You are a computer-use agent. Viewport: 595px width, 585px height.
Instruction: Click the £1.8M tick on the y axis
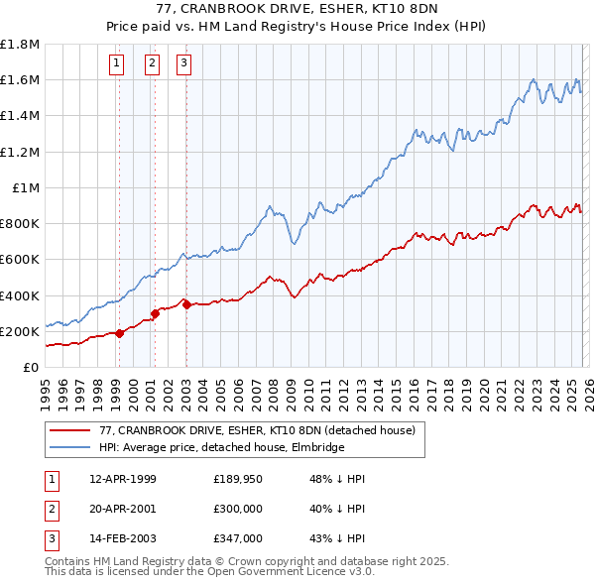click(20, 45)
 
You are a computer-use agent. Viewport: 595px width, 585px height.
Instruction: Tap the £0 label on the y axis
click(31, 367)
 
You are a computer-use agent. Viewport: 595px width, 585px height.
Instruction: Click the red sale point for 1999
click(120, 333)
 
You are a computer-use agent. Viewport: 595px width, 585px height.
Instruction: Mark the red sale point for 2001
click(155, 313)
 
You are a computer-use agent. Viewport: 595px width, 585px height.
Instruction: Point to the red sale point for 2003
click(186, 304)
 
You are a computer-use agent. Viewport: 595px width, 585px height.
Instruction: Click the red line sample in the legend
click(70, 430)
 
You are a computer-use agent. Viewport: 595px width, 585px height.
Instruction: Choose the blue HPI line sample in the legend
click(70, 447)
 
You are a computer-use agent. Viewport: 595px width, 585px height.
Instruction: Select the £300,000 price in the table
click(241, 509)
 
